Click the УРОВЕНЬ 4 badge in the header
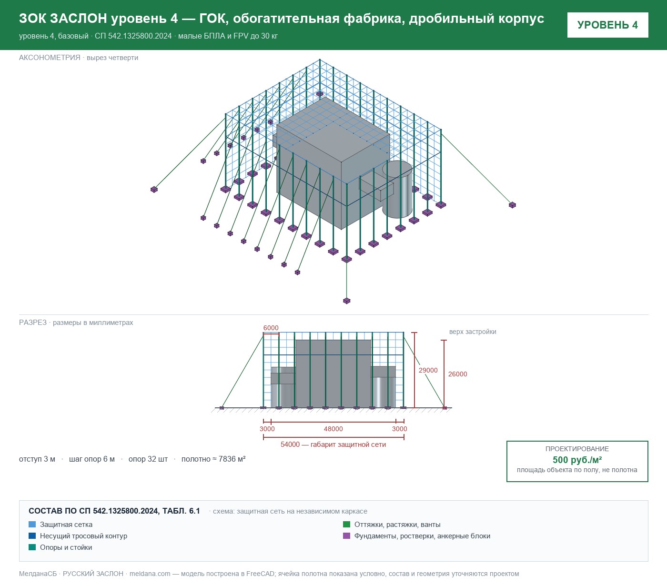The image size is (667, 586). click(607, 25)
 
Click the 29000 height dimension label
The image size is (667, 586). click(428, 370)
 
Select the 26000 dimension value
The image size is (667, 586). click(457, 374)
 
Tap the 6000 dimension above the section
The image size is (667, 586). click(271, 328)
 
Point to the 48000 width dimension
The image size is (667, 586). click(333, 429)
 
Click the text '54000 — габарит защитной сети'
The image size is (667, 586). click(333, 445)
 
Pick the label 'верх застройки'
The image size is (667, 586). click(473, 332)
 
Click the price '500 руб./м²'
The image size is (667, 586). click(577, 460)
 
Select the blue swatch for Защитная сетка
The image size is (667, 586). click(32, 525)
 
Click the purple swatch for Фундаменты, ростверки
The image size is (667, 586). click(346, 536)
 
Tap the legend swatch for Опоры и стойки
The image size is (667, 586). click(32, 547)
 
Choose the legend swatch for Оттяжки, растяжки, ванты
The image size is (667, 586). click(346, 525)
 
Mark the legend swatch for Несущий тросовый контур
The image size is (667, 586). click(32, 536)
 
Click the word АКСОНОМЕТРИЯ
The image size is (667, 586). click(50, 58)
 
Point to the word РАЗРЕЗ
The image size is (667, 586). click(32, 322)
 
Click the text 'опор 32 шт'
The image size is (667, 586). click(148, 459)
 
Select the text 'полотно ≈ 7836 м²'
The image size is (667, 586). click(213, 459)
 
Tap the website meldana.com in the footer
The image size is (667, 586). click(150, 574)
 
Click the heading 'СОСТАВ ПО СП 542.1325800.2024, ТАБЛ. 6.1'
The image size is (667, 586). click(114, 511)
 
